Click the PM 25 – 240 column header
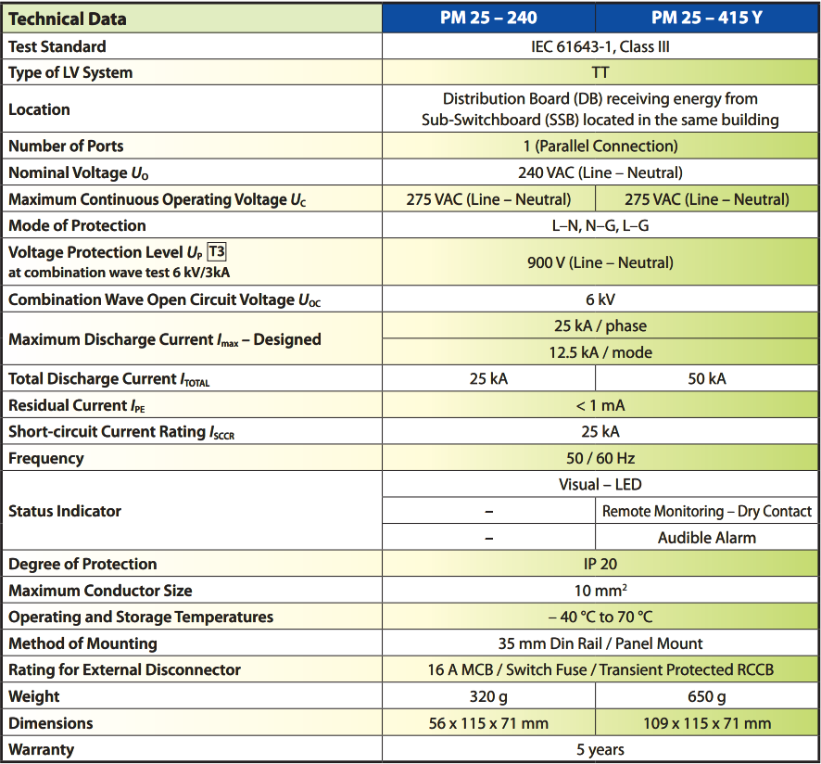[488, 18]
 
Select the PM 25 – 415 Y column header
[707, 18]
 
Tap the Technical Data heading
[68, 19]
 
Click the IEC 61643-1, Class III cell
[600, 46]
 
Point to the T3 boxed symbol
[217, 251]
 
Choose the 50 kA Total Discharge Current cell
[707, 378]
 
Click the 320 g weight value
[488, 696]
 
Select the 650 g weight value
[707, 696]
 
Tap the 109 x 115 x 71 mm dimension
[707, 723]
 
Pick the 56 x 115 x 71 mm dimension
[488, 723]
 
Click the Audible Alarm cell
[707, 538]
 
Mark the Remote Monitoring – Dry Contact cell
[707, 511]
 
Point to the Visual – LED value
[600, 484]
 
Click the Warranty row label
[41, 749]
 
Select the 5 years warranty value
[600, 749]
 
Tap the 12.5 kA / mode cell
[600, 352]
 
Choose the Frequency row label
[46, 459]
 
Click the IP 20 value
[600, 564]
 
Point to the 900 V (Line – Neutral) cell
[600, 262]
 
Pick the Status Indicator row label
[65, 511]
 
